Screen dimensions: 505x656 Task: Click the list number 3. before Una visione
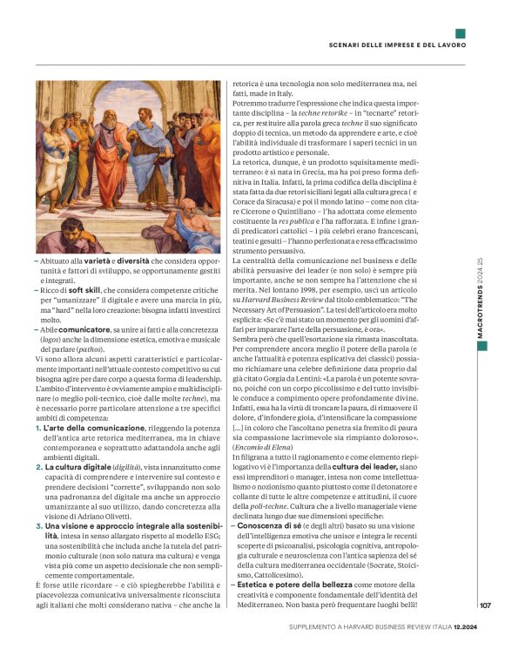(x=39, y=526)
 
